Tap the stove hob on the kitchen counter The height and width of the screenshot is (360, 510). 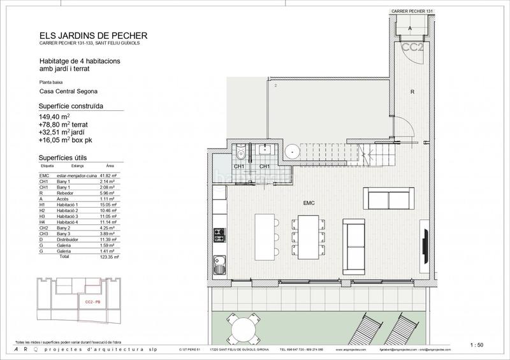(x=219, y=234)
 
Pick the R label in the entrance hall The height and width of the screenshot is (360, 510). (x=412, y=92)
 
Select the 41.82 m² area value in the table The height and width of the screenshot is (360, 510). (x=113, y=175)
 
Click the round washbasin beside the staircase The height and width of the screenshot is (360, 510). (x=291, y=152)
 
